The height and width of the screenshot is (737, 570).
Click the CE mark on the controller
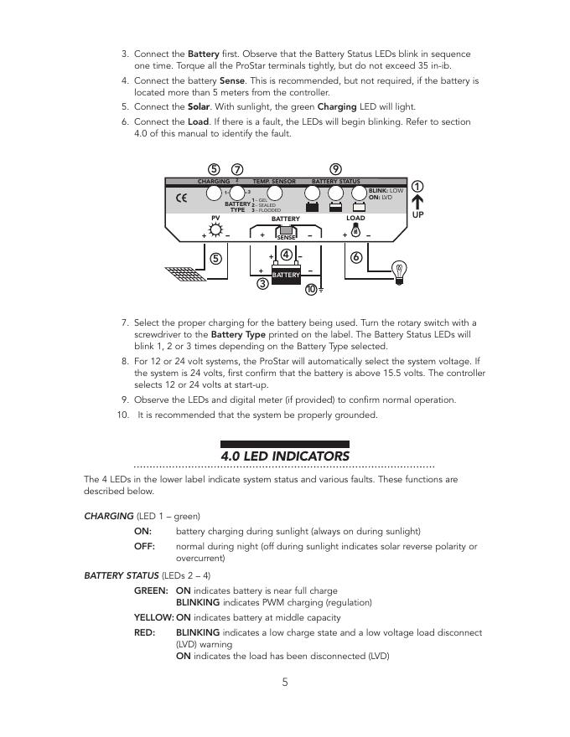[x=181, y=199]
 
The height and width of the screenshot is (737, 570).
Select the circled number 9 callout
[x=335, y=169]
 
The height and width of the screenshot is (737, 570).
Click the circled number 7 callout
[x=237, y=169]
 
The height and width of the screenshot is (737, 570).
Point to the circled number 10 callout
[x=311, y=289]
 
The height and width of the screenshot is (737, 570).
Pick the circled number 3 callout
[x=262, y=284]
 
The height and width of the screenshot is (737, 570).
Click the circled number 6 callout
[x=356, y=257]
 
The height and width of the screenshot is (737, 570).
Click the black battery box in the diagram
[x=286, y=275]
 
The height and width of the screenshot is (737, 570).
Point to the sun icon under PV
[x=215, y=230]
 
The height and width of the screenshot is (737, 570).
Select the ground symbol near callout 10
[x=320, y=290]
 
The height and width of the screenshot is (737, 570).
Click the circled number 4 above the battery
[x=286, y=255]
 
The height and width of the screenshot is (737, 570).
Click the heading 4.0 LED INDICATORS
[x=285, y=456]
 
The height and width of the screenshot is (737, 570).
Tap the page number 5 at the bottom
[x=285, y=682]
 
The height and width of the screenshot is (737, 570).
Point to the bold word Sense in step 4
[x=231, y=81]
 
